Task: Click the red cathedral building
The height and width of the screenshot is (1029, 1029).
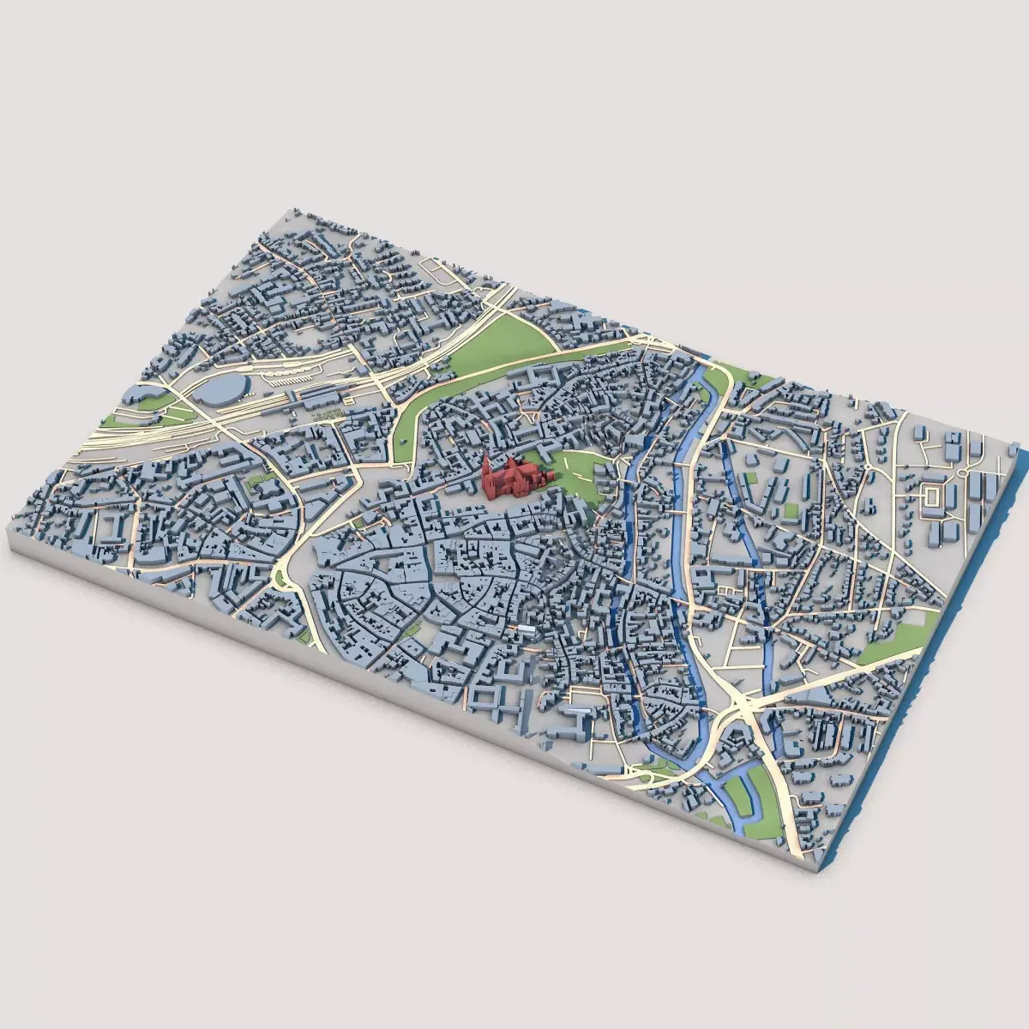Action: [x=513, y=478]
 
